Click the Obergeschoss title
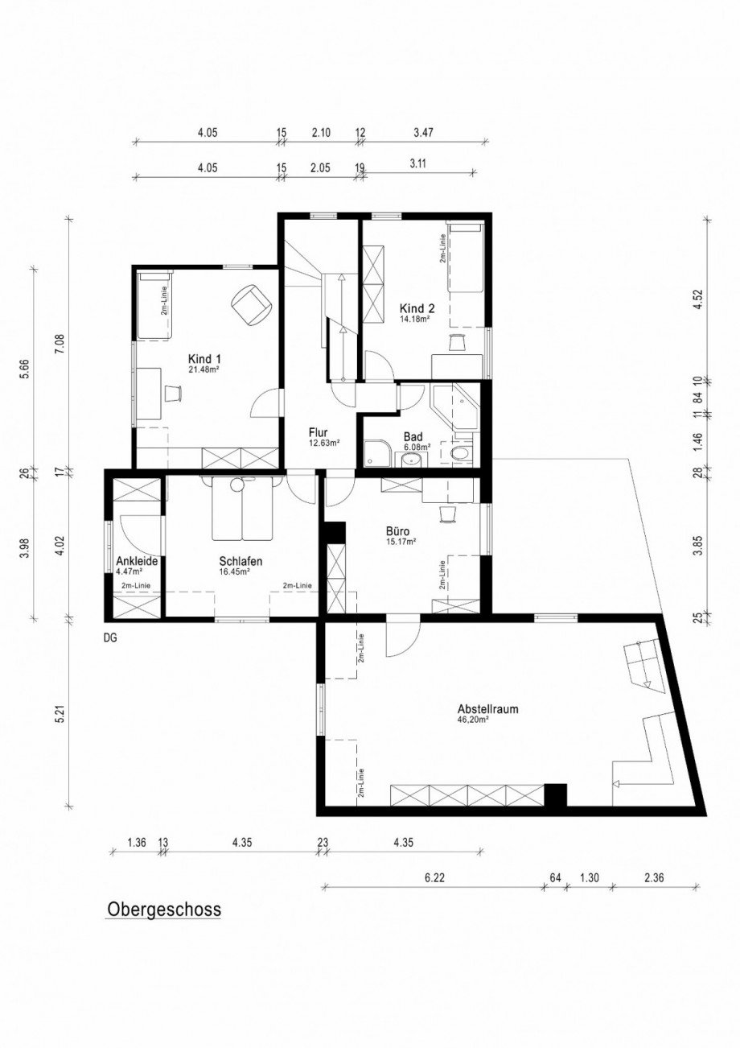pyautogui.click(x=163, y=909)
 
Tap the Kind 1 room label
pyautogui.click(x=204, y=359)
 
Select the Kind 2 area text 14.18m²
pyautogui.click(x=415, y=319)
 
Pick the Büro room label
pyautogui.click(x=400, y=531)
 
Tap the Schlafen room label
pyautogui.click(x=240, y=561)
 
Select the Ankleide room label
pyautogui.click(x=136, y=561)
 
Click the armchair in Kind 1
pyautogui.click(x=250, y=304)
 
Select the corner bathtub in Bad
pyautogui.click(x=454, y=407)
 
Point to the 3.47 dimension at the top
pyautogui.click(x=422, y=133)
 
